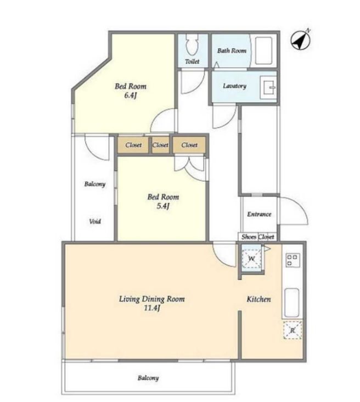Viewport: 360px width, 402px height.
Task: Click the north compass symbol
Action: [301, 40]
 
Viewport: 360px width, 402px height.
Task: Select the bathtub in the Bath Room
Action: [263, 51]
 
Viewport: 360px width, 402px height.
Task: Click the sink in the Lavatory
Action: [268, 87]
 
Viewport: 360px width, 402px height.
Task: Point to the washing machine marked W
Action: [251, 258]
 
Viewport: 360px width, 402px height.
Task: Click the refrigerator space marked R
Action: [292, 330]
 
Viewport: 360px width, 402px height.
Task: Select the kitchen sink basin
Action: [292, 303]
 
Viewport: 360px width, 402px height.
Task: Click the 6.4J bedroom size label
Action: [131, 96]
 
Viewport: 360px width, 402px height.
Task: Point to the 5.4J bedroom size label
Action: [163, 206]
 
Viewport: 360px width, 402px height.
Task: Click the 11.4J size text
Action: [151, 308]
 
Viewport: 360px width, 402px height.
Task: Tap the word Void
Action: [95, 221]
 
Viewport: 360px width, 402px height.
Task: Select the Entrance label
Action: [259, 214]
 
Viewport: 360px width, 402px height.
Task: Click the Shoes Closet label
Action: [258, 237]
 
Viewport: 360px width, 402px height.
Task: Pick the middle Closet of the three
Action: [160, 145]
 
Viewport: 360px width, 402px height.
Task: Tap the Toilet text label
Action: [192, 62]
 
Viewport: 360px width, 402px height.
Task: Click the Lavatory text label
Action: [234, 86]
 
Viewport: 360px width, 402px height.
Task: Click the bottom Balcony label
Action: [148, 378]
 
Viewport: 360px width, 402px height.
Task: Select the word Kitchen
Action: [258, 299]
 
